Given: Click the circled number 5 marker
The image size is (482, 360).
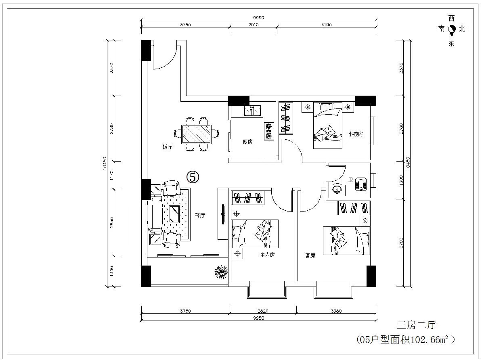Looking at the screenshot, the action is pos(193,177).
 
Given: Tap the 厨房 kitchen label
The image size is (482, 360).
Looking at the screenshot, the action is pos(247,142).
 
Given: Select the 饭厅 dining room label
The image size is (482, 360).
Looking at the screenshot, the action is pos(167,147).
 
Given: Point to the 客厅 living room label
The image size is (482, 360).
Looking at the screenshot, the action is pos(199,215).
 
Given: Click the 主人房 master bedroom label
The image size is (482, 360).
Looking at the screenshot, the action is pos(267,255).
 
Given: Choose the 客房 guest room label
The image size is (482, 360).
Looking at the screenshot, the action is pos(310,255).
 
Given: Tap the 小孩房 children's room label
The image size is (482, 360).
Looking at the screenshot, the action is pos(355,134).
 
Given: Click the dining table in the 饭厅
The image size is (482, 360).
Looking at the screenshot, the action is pos(197,134).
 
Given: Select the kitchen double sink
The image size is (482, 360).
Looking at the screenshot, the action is pos(252,111).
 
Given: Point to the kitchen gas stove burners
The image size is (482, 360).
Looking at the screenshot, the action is pos(269,131).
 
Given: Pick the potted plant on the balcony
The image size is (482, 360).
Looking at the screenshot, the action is pos(221,272).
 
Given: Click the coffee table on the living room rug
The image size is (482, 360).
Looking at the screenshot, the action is pos(174,214).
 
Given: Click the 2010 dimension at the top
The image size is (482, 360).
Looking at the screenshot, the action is pos(253,25).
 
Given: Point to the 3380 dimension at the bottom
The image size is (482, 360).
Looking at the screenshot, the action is pos(336,311).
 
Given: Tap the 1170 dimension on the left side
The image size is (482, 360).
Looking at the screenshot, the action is pos(111,175).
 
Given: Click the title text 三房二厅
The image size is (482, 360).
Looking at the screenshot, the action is pos(417,325).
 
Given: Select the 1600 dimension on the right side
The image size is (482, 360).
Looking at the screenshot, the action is pos(401,180).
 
